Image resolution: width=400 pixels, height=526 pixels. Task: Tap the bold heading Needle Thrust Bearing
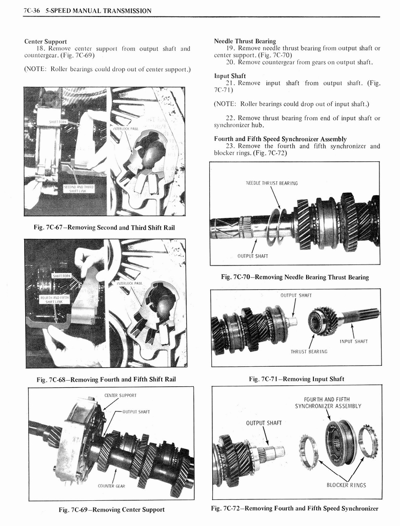tap(245, 41)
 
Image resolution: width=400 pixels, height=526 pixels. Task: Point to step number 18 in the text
tap(42, 49)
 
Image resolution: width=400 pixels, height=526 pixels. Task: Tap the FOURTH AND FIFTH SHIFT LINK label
tap(53, 299)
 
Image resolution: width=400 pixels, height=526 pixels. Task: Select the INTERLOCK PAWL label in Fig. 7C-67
tap(126, 128)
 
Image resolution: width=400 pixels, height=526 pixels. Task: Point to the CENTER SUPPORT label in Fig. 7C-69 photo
tap(120, 395)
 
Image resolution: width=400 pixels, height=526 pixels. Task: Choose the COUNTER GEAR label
tap(112, 485)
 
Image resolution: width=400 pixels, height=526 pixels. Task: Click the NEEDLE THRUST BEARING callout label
tap(272, 183)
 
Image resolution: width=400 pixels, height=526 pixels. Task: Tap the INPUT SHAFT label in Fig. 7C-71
tap(353, 341)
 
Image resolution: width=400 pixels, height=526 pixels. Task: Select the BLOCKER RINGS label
tap(346, 485)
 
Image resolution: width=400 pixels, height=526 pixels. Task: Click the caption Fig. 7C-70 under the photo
tap(294, 277)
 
